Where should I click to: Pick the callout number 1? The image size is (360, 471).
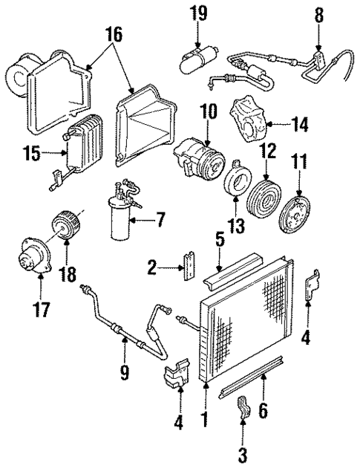point(204,419)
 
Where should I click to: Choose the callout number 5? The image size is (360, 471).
point(219,240)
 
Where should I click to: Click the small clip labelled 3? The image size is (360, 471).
point(243,410)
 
